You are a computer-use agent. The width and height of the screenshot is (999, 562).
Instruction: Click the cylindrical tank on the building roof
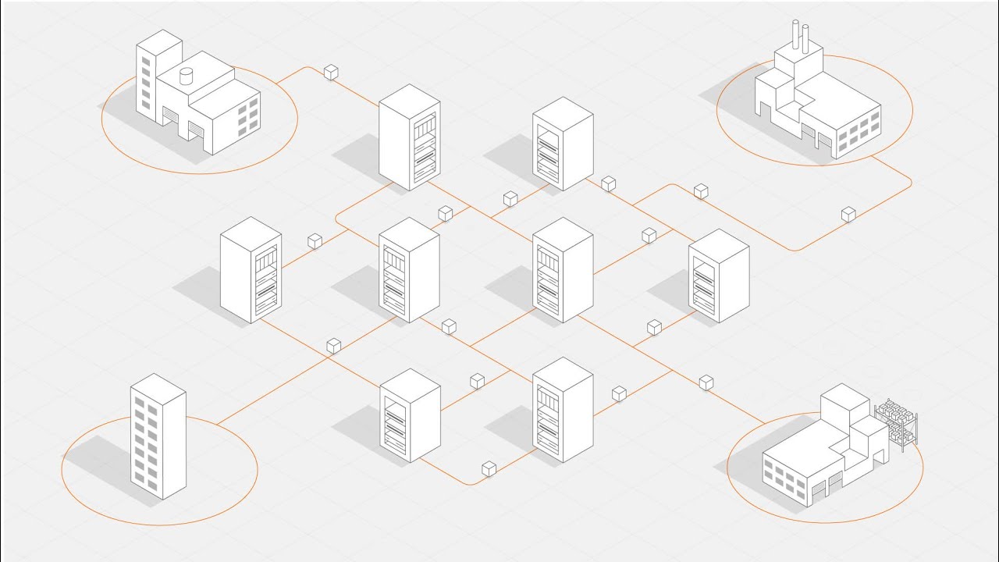(x=186, y=76)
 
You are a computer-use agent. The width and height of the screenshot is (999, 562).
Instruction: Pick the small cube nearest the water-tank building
(x=331, y=72)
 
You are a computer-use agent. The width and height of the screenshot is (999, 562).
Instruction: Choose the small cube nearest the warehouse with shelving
(x=706, y=382)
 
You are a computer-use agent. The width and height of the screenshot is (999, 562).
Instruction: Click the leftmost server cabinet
(x=251, y=269)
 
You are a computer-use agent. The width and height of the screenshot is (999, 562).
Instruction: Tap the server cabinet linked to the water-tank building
(x=409, y=137)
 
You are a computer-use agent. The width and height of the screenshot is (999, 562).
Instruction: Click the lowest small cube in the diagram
(x=489, y=468)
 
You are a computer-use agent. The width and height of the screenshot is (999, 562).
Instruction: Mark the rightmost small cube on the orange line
(x=848, y=214)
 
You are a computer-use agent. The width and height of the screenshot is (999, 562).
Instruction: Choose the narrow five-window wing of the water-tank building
(x=144, y=78)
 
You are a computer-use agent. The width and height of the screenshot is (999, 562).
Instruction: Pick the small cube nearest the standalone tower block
(x=334, y=344)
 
